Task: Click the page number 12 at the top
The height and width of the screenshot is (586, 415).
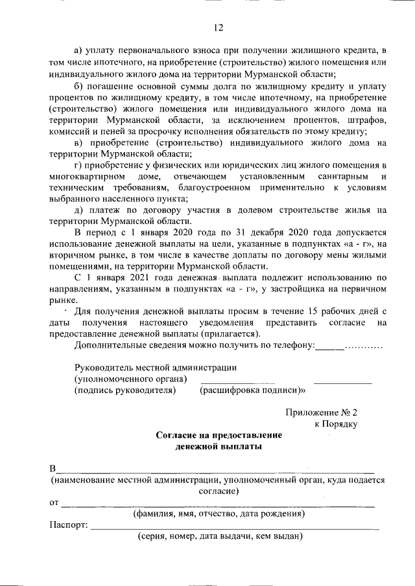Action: (219, 27)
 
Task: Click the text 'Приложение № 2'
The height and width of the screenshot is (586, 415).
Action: (322, 412)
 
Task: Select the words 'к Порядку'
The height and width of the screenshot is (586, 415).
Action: (336, 423)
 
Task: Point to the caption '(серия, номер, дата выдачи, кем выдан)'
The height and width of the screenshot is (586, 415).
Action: (219, 536)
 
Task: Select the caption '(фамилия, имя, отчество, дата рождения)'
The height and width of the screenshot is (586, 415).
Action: (219, 514)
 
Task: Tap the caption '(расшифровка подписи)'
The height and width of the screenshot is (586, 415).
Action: (252, 390)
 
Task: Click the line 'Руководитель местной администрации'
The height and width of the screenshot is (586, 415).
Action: (155, 367)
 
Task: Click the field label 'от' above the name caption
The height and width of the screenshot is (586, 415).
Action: (54, 502)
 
